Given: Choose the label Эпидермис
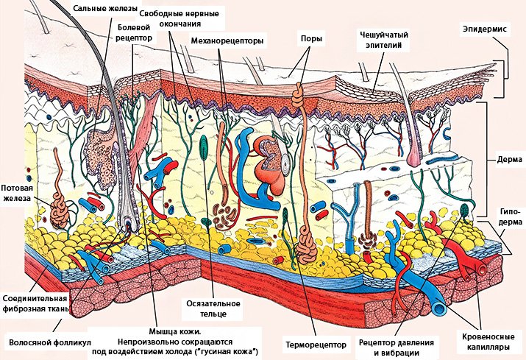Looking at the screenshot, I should tap(486, 28).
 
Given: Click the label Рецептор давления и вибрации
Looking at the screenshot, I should tap(397, 347).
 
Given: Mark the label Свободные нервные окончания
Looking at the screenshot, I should tap(180, 17).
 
